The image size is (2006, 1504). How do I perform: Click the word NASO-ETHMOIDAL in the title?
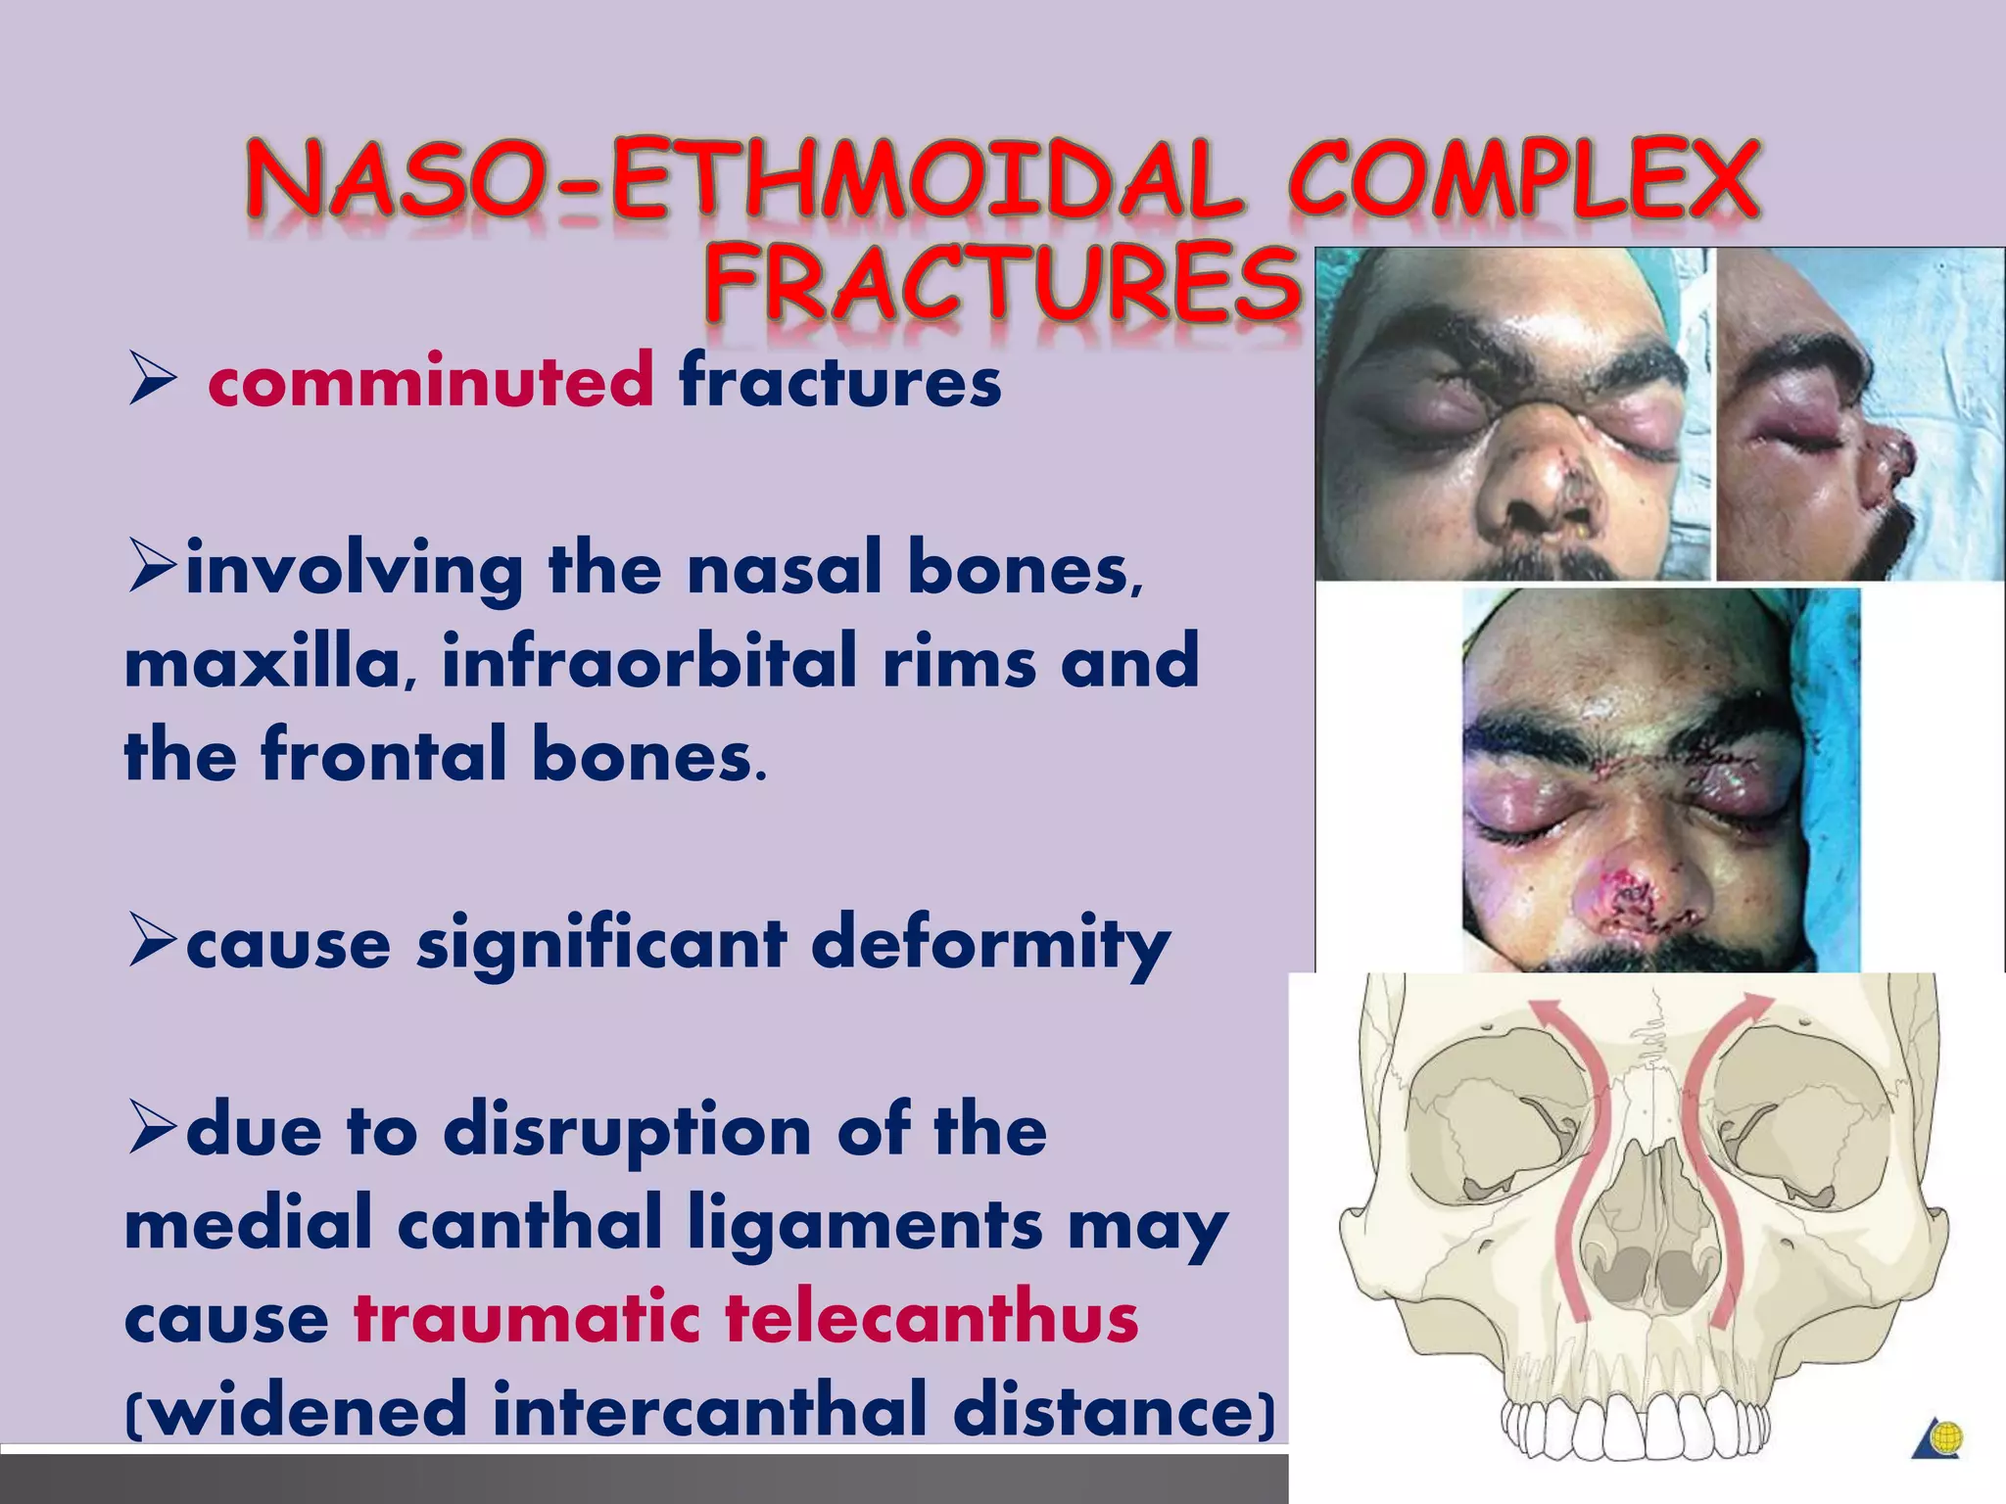coord(744,181)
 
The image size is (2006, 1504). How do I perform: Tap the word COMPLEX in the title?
coord(1523,181)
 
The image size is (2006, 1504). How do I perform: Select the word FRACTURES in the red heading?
coord(1001,283)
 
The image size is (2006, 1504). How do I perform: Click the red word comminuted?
coord(431,381)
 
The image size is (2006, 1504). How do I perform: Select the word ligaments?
coord(864,1224)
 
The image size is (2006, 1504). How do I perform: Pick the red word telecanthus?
coord(931,1317)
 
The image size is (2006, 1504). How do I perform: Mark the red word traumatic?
coord(527,1317)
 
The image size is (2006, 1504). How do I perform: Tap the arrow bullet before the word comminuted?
coord(152,383)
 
